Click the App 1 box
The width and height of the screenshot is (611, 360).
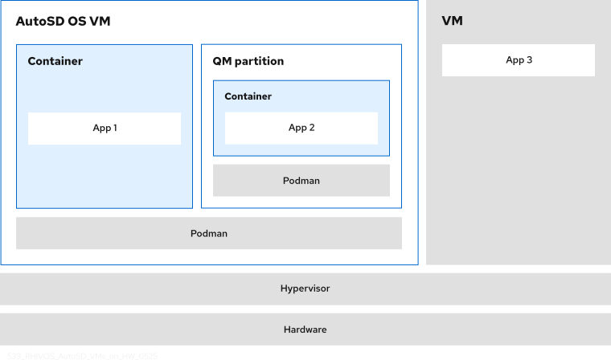[x=105, y=129]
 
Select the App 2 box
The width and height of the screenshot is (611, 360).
[x=301, y=128]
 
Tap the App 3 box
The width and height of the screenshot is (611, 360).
[x=519, y=60]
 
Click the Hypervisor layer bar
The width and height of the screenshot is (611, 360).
[x=305, y=288]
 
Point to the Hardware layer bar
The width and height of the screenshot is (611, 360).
[x=305, y=329]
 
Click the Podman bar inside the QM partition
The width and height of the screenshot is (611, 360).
[x=301, y=181]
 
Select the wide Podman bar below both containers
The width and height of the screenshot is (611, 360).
[x=209, y=233]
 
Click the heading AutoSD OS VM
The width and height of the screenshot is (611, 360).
[x=63, y=22]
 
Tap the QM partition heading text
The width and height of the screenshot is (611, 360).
[x=248, y=61]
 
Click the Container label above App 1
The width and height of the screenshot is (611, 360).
[x=55, y=61]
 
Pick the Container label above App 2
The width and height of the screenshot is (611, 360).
[x=248, y=96]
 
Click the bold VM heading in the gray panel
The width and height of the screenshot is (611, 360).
[x=452, y=22]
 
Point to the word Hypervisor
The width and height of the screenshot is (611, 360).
[x=305, y=288]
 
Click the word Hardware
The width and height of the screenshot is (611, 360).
[x=305, y=329]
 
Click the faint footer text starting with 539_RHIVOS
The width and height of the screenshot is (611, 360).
[x=80, y=355]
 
